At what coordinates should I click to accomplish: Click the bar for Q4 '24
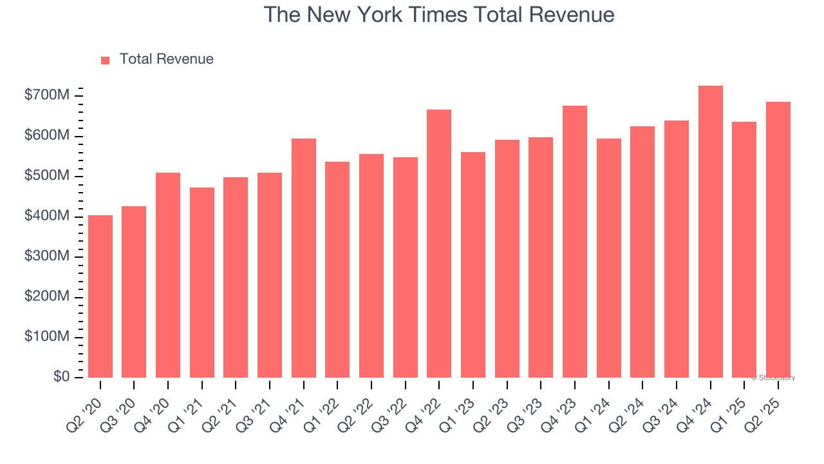[711, 232]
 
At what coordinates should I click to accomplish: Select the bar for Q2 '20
[100, 296]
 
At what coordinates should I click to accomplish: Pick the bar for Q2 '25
[778, 240]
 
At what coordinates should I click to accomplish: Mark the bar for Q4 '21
[304, 258]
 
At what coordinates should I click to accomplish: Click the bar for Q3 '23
[541, 258]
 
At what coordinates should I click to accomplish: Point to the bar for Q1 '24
[609, 258]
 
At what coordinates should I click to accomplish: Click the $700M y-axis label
[46, 96]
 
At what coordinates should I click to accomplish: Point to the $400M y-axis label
[46, 217]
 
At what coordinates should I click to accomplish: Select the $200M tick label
[46, 297]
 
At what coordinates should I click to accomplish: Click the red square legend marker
[106, 60]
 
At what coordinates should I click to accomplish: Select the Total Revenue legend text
[166, 59]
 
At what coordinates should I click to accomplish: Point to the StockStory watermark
[773, 378]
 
